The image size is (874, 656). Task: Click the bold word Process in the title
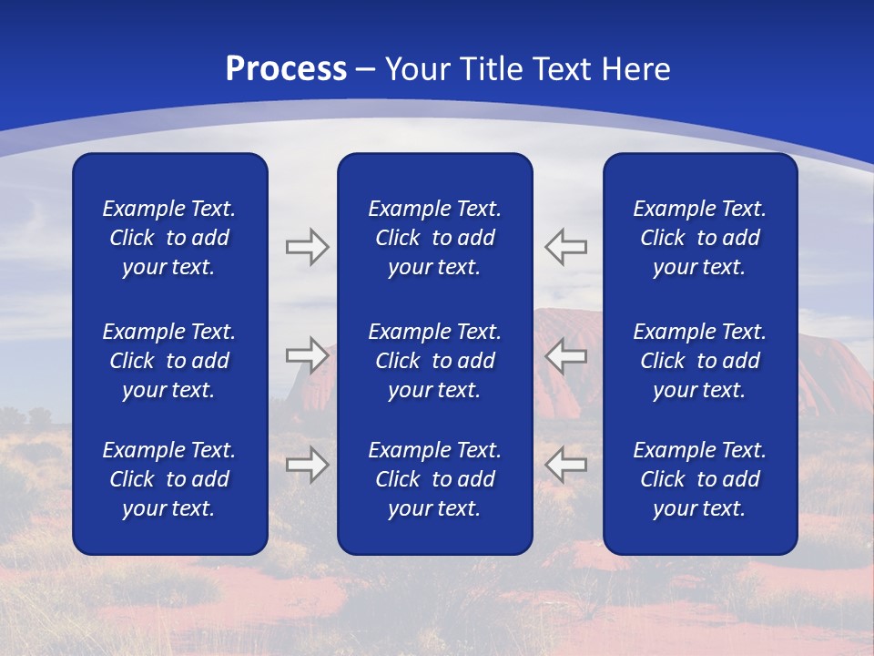coord(286,69)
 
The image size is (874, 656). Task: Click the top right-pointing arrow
coord(307,246)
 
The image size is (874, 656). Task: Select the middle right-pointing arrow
coord(307,356)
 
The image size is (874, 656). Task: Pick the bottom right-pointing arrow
coord(307,464)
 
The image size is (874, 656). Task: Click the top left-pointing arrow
coord(565,246)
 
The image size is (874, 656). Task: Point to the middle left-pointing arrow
coord(565,356)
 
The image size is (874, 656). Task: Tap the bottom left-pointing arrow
coord(565,464)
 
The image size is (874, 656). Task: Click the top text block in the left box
coord(169,238)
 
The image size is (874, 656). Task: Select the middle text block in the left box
coord(169,361)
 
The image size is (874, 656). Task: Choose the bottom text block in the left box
coord(169,479)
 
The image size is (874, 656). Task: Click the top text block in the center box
coord(434,238)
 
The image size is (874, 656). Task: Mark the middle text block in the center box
coord(434,361)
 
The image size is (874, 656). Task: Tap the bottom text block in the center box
coord(434,479)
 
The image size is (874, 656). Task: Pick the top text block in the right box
coord(699,238)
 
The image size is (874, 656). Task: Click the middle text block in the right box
coord(699,361)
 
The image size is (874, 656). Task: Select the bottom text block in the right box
coord(699,479)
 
